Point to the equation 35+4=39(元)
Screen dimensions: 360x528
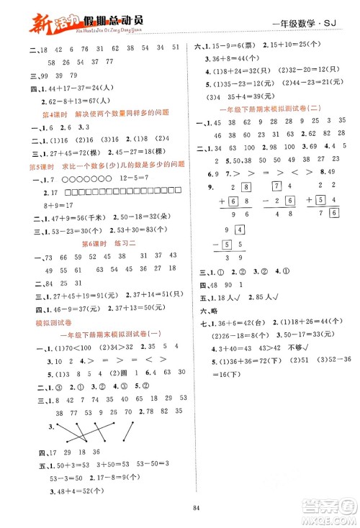(246, 92)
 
